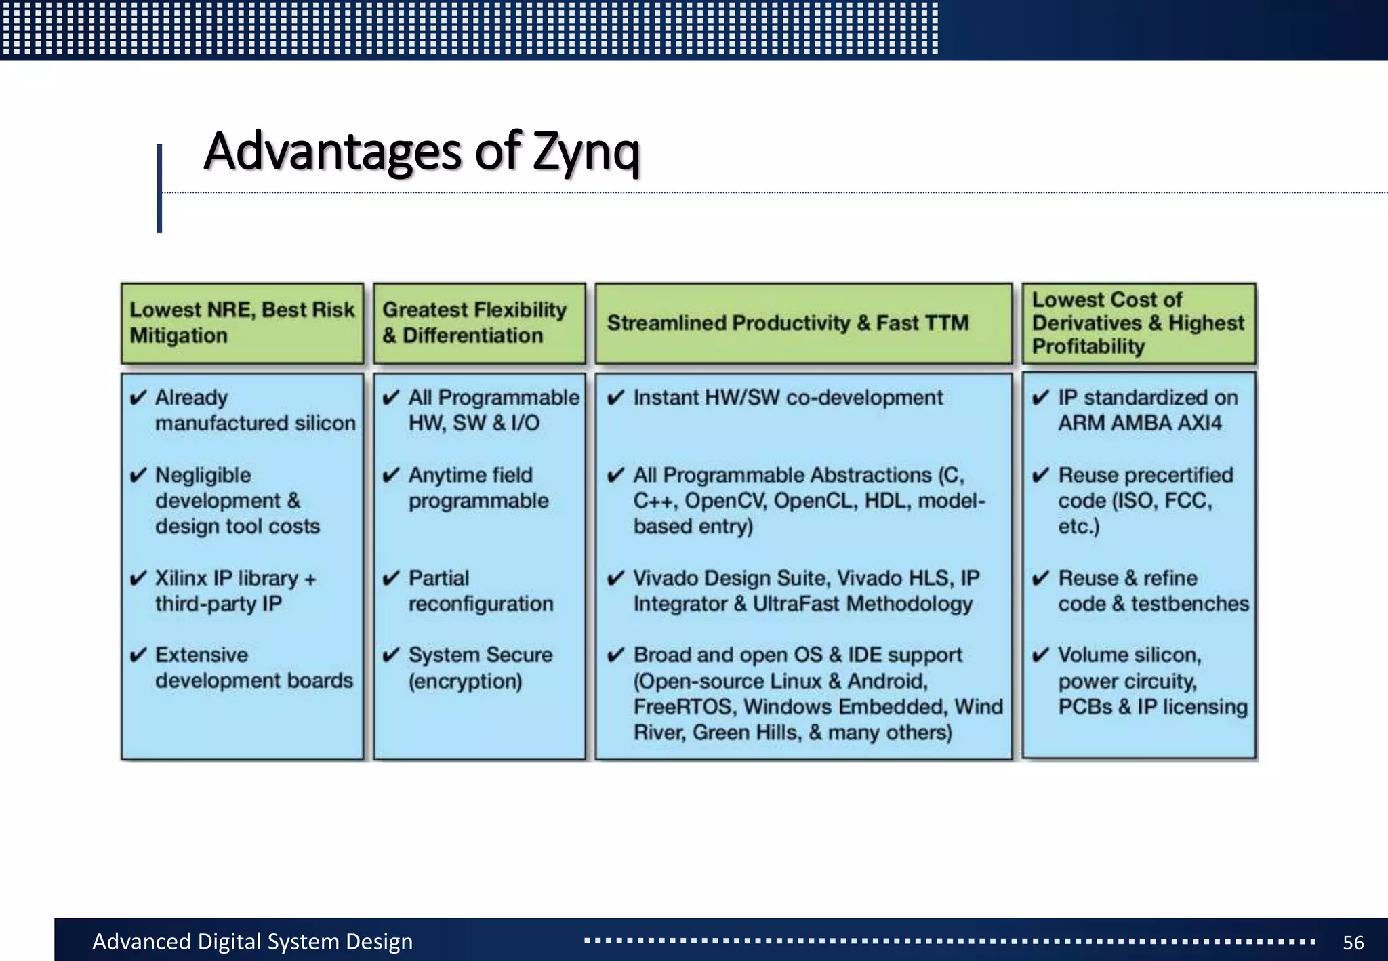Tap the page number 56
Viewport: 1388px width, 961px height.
click(x=1353, y=942)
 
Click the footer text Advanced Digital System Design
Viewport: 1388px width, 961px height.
click(x=252, y=941)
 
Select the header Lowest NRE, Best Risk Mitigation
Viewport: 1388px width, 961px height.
click(x=242, y=323)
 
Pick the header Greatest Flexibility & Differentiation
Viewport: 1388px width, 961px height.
click(x=474, y=323)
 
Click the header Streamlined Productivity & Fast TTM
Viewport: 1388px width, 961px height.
click(x=788, y=323)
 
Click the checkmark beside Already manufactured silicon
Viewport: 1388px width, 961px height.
click(x=138, y=398)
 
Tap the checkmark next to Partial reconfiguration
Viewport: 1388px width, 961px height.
click(x=391, y=578)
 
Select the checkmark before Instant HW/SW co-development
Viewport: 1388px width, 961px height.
click(x=615, y=398)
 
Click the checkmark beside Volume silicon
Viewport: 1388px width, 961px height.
click(x=1040, y=655)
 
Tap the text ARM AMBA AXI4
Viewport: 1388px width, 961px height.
click(x=1140, y=423)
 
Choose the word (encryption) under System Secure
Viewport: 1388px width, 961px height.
click(x=465, y=681)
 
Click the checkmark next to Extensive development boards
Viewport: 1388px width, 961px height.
click(x=138, y=655)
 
